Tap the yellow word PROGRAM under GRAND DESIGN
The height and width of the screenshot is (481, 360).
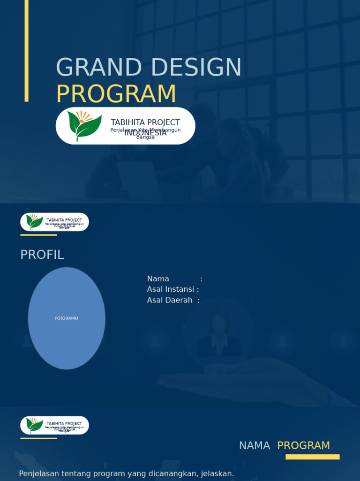pyautogui.click(x=116, y=94)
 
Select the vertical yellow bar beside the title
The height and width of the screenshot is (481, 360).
pyautogui.click(x=27, y=51)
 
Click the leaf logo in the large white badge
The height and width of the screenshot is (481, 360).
pyautogui.click(x=84, y=125)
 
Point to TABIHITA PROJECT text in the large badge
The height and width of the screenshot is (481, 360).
pyautogui.click(x=145, y=122)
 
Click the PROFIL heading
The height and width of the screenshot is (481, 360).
pyautogui.click(x=42, y=255)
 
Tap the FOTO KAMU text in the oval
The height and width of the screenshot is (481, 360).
pyautogui.click(x=67, y=318)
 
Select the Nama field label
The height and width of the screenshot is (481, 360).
pyautogui.click(x=158, y=279)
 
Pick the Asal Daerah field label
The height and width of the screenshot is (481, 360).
pyautogui.click(x=170, y=300)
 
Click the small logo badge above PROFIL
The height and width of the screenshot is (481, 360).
pyautogui.click(x=54, y=222)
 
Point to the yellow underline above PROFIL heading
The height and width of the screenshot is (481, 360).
pyautogui.click(x=38, y=235)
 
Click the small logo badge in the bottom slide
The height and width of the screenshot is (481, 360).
pyautogui.click(x=54, y=425)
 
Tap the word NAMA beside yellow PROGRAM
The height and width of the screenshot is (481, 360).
pyautogui.click(x=255, y=446)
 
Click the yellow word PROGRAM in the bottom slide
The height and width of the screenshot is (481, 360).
pyautogui.click(x=303, y=446)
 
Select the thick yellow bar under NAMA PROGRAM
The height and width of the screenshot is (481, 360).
pyautogui.click(x=312, y=457)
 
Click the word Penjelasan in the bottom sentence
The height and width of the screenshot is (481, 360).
pyautogui.click(x=39, y=473)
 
